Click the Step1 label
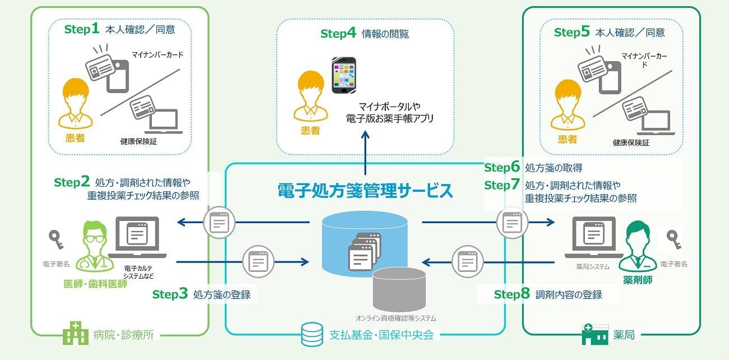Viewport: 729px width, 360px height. (x=82, y=29)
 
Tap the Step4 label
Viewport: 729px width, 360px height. (x=338, y=33)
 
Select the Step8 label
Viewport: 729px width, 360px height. (x=511, y=294)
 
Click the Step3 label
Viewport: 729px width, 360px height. (x=170, y=294)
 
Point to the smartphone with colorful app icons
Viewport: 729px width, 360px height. (x=344, y=75)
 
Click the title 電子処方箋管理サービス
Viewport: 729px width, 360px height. (x=365, y=191)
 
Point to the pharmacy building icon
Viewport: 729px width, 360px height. (x=595, y=334)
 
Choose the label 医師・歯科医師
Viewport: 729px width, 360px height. (x=95, y=284)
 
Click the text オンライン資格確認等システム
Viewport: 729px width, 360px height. (x=396, y=318)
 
